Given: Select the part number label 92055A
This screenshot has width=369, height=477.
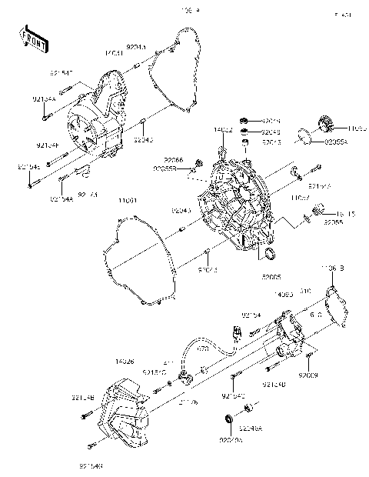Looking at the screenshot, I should coord(334,142).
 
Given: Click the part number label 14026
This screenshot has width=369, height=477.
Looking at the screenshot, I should coord(127,360).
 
